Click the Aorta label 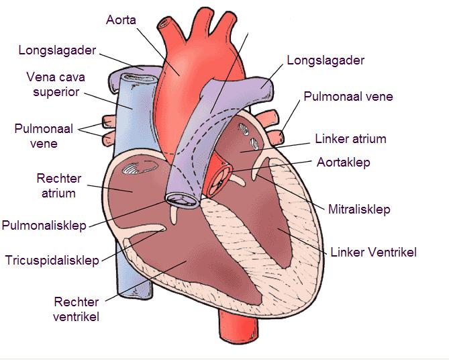(121, 19)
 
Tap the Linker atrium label (350, 139)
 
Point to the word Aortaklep (342, 163)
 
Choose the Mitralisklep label (359, 210)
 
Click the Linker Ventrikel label (373, 253)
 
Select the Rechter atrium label (60, 186)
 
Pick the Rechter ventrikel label (76, 309)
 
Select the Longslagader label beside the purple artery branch (326, 60)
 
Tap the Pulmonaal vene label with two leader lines (37, 135)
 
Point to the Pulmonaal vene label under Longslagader (348, 97)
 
